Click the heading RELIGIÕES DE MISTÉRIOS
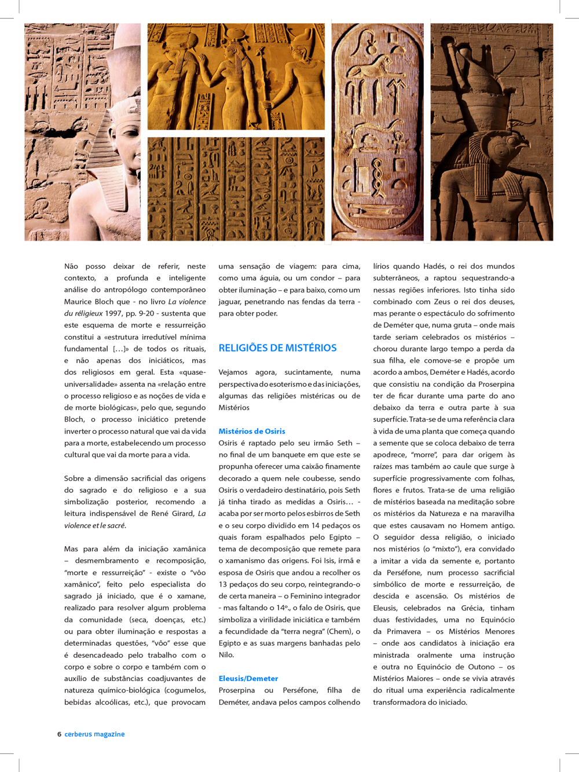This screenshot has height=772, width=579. pos(277,348)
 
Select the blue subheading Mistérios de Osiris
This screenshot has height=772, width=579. pos(252,431)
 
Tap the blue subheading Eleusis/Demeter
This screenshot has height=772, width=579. pos(248,678)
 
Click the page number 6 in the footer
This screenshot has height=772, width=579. pos(59,734)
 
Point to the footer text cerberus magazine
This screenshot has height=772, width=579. pos(94,734)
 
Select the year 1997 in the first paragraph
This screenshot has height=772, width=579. pos(113,313)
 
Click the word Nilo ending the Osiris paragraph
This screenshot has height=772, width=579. pos(226,654)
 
